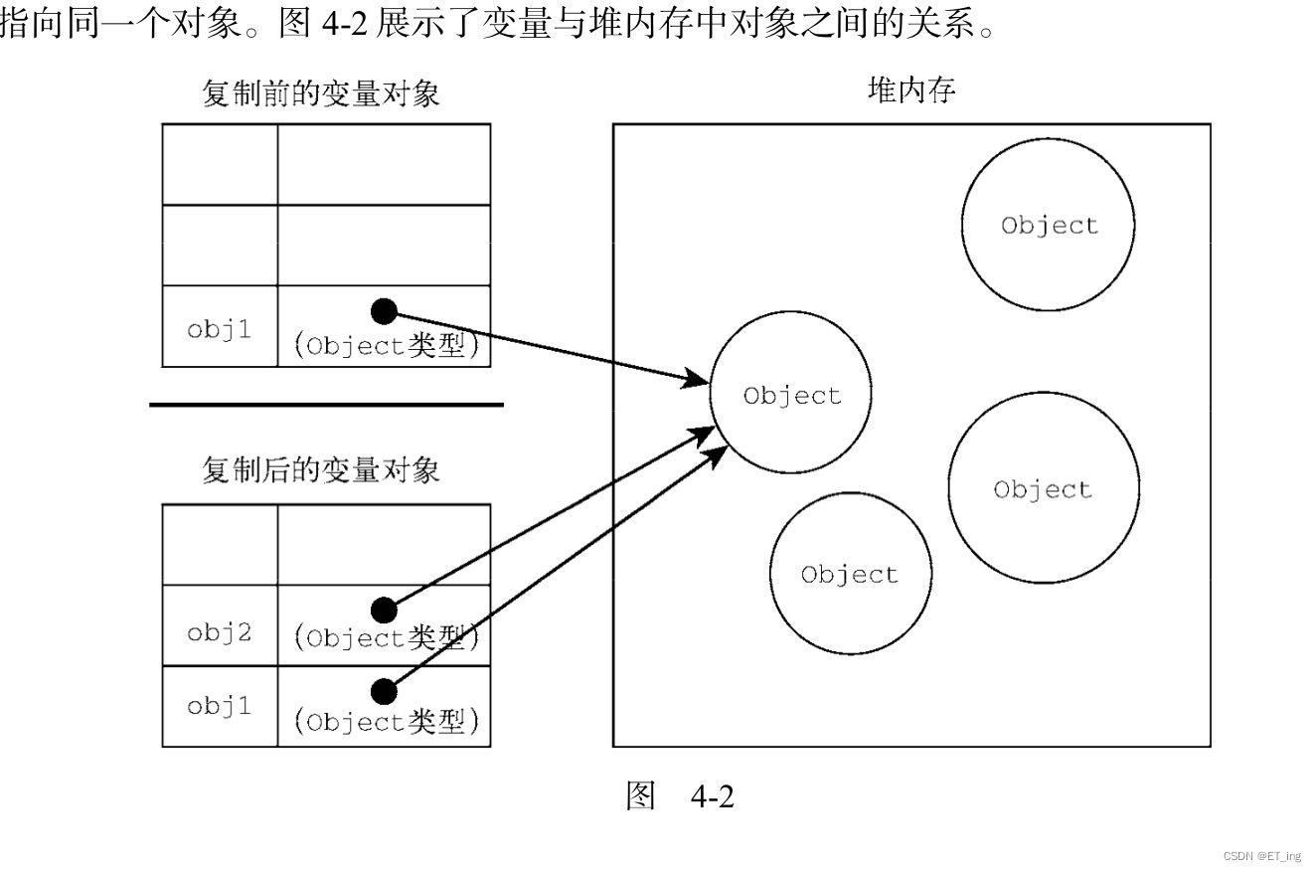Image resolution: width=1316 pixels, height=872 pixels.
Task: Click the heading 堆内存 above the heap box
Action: point(911,91)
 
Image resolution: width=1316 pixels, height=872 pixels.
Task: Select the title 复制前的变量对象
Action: point(320,95)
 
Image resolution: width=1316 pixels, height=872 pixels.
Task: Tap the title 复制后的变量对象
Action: point(320,469)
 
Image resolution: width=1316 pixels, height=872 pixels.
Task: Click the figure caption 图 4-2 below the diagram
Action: point(679,795)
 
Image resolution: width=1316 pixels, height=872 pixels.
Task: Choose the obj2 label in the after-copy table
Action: point(220,631)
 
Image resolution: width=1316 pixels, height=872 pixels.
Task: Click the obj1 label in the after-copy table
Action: point(220,706)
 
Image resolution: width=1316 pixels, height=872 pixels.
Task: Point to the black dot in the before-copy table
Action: point(384,311)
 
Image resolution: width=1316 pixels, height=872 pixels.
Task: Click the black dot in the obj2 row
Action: point(384,609)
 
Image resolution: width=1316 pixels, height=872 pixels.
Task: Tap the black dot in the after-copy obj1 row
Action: point(384,689)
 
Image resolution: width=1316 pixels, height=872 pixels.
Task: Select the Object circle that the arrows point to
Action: point(791,395)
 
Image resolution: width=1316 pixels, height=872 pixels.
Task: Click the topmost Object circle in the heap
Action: point(1049,225)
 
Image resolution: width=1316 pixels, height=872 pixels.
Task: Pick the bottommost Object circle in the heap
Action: point(850,574)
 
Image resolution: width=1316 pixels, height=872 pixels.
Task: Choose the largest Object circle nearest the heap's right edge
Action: point(1043,488)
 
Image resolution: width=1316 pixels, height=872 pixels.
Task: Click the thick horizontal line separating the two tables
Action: point(326,405)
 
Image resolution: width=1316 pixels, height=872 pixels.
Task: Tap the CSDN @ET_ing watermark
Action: point(1261,856)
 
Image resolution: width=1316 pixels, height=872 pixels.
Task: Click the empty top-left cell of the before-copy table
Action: point(220,164)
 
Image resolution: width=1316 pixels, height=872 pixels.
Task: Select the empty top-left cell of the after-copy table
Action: point(220,544)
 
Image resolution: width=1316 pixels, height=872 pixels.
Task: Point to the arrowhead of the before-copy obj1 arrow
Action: point(699,380)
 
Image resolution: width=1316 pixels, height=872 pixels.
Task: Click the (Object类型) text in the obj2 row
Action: point(387,638)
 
